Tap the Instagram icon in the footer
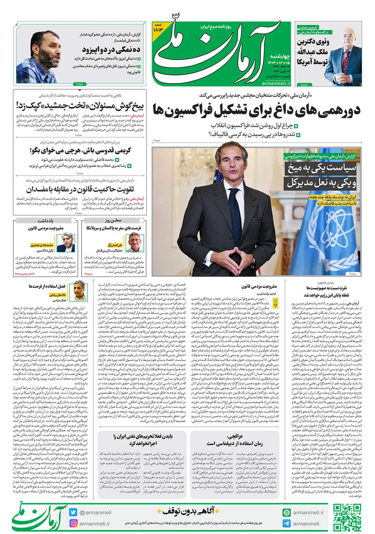click(x=73, y=523)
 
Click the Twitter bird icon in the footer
click(x=73, y=512)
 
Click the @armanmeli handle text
click(x=96, y=512)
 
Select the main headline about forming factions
click(x=256, y=110)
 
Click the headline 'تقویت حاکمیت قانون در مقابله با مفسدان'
click(x=80, y=189)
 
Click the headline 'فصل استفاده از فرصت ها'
click(x=47, y=286)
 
